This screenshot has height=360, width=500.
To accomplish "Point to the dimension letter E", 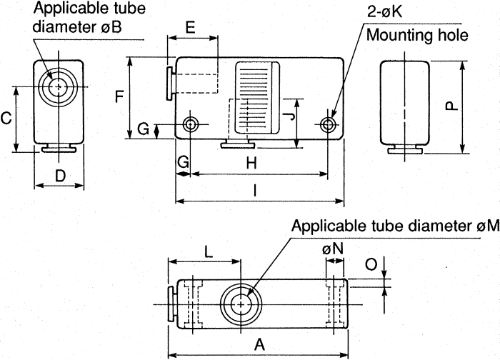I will (x=191, y=28).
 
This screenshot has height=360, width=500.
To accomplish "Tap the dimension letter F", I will (x=119, y=97).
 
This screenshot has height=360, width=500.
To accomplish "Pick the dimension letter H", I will (x=252, y=164).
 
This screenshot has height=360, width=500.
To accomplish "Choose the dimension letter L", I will (x=207, y=251).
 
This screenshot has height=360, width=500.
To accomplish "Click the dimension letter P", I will (x=451, y=106).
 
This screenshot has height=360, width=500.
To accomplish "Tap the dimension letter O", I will (x=371, y=265).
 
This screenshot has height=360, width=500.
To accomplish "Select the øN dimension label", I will (x=332, y=249).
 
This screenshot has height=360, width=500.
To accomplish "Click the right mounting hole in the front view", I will (x=328, y=124).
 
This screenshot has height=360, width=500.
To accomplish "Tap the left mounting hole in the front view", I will (x=191, y=124).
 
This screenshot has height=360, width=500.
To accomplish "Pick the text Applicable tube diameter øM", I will (x=395, y=226).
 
